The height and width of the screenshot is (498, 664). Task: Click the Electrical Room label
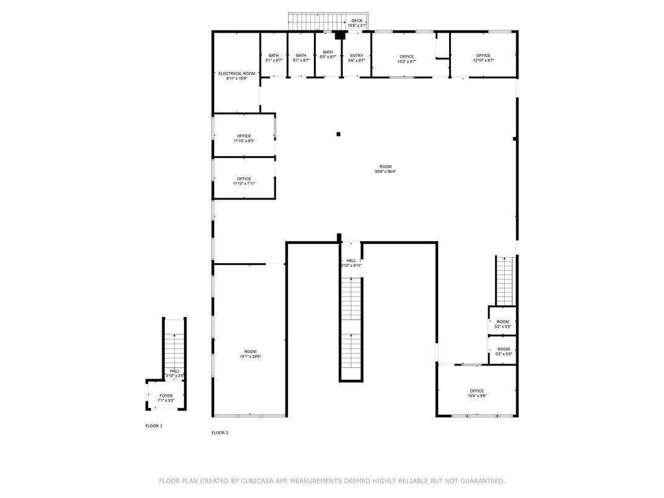(x=236, y=74)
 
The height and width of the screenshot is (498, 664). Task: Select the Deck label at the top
(x=357, y=21)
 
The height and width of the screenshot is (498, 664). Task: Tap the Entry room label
(x=356, y=56)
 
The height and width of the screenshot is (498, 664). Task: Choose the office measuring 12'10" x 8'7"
(x=483, y=58)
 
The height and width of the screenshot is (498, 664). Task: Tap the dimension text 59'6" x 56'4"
(x=385, y=172)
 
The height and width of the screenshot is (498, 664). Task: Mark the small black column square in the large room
(x=338, y=134)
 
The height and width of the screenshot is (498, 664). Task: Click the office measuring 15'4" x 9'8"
(x=476, y=393)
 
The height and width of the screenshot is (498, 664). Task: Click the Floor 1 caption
(x=154, y=426)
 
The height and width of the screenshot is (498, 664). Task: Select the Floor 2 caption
(x=220, y=432)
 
